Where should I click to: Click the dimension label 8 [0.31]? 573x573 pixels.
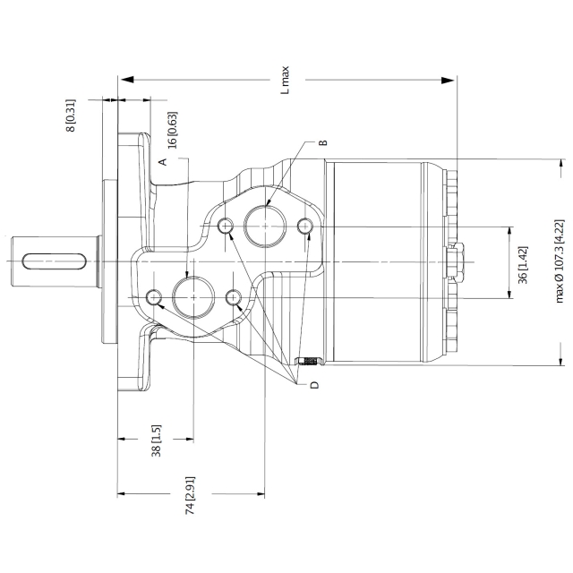tap(71, 115)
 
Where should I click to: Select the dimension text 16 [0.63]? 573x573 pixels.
tap(173, 130)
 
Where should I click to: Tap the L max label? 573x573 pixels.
tap(285, 80)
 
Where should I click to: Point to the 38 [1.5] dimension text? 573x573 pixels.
tap(157, 440)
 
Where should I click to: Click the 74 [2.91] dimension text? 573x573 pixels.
tap(190, 495)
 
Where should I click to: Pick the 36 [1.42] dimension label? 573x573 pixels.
tap(523, 265)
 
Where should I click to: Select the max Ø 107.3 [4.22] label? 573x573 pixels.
tap(560, 261)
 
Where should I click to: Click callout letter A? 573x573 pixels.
tap(163, 161)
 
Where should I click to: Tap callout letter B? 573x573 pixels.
tap(323, 142)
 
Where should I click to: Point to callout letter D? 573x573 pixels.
tap(314, 385)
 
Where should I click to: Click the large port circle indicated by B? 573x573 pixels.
tap(265, 226)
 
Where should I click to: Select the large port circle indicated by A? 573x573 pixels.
tap(193, 297)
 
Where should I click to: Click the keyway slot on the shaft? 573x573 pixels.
tap(55, 261)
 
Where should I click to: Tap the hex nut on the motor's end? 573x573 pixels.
tap(457, 261)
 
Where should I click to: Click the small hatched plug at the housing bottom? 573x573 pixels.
tap(308, 361)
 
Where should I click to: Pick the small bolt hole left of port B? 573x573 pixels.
tap(226, 226)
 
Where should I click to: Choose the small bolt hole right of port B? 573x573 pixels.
tap(304, 226)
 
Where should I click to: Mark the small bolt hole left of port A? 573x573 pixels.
tap(154, 297)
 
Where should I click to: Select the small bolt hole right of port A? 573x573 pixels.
tap(233, 297)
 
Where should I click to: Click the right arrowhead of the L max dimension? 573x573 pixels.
tap(448, 80)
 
